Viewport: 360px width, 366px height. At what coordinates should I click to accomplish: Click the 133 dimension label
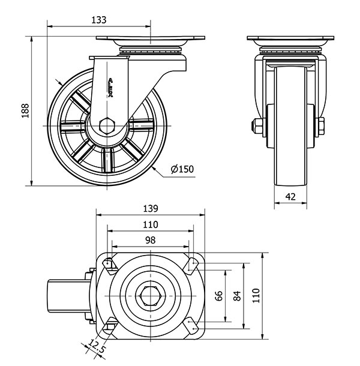click(98, 20)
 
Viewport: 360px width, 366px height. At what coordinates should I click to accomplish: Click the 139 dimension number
click(150, 209)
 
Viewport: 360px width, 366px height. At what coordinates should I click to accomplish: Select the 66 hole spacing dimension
click(219, 296)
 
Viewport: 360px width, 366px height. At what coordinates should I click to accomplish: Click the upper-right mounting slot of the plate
click(193, 263)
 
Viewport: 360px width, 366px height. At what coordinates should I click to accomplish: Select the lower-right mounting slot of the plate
click(193, 327)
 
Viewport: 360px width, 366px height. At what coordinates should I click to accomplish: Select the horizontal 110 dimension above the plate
click(150, 224)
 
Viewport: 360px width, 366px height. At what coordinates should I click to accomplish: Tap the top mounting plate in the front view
click(290, 41)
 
